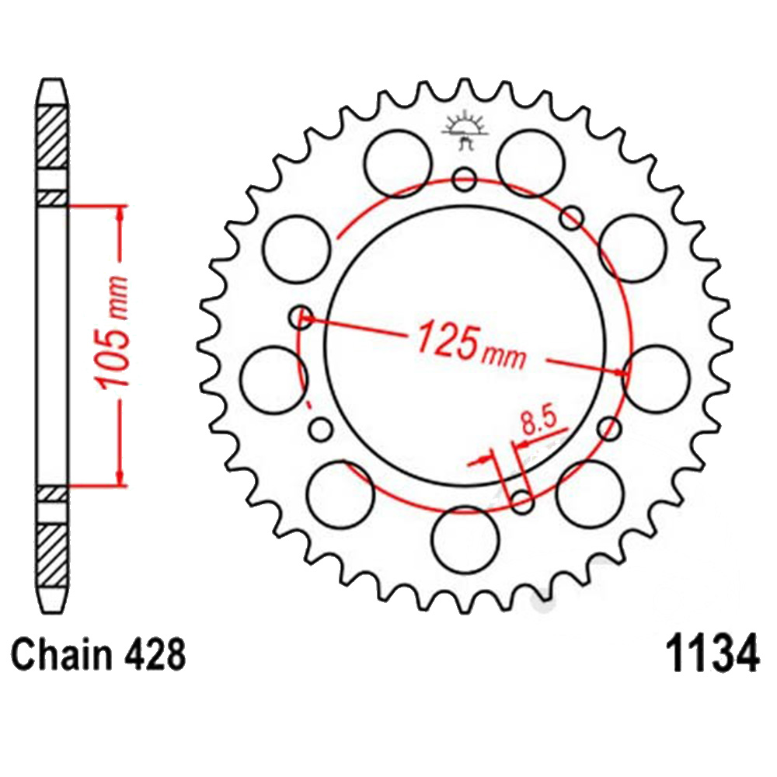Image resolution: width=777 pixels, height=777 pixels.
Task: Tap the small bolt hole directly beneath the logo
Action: [x=465, y=180]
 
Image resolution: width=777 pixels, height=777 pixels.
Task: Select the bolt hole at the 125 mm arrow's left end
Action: [x=300, y=316]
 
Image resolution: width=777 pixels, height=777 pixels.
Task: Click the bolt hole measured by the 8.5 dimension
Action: [x=522, y=502]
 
